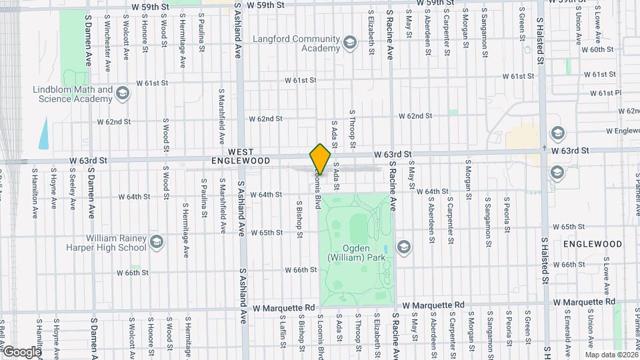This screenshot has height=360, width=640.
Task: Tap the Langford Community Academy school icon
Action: (x=350, y=45)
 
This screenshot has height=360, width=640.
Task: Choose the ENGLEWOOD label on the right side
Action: (x=592, y=245)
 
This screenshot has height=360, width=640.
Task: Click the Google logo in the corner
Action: (x=21, y=351)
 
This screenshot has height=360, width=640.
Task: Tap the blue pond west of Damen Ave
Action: (x=44, y=134)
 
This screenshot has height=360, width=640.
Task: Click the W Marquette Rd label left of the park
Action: (x=284, y=307)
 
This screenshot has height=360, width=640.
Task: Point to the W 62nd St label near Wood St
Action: (x=113, y=122)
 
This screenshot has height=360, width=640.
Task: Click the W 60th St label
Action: (x=597, y=50)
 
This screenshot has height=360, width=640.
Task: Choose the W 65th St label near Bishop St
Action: (x=267, y=233)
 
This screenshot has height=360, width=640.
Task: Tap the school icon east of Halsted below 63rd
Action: (x=556, y=173)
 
